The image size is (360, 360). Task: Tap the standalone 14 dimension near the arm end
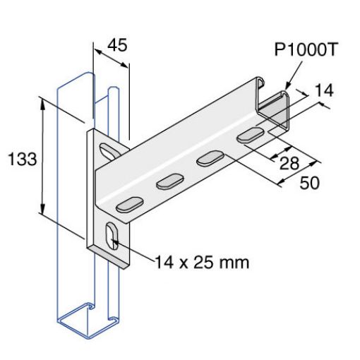(323, 90)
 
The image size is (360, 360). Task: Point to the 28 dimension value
(287, 164)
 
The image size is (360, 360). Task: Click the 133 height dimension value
(23, 159)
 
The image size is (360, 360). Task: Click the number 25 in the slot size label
(202, 263)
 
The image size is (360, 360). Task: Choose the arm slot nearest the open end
(248, 134)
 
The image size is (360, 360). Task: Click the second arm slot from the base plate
(169, 183)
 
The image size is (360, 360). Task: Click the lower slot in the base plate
(112, 236)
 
